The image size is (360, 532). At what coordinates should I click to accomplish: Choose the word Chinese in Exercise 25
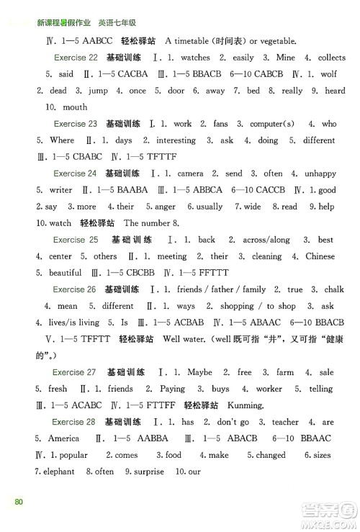tap(320, 256)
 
